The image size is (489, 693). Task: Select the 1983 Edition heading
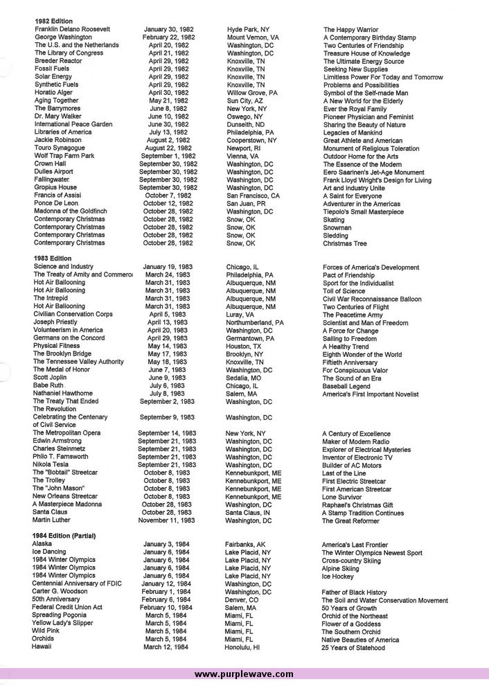click(x=52, y=258)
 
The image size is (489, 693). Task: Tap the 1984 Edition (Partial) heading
click(x=64, y=536)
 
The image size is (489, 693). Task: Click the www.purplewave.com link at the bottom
click(x=244, y=674)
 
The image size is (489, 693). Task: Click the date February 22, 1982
click(x=169, y=37)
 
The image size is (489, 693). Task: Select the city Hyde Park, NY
click(x=248, y=29)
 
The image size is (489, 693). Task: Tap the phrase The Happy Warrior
click(x=350, y=29)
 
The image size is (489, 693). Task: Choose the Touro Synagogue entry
click(x=60, y=148)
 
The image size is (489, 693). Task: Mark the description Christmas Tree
click(x=346, y=243)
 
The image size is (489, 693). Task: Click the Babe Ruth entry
click(x=51, y=385)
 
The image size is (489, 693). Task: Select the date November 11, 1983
click(x=167, y=520)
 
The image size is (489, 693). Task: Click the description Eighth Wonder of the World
click(x=362, y=354)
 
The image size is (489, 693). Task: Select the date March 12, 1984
click(x=166, y=647)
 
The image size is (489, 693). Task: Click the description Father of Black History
click(x=354, y=593)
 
